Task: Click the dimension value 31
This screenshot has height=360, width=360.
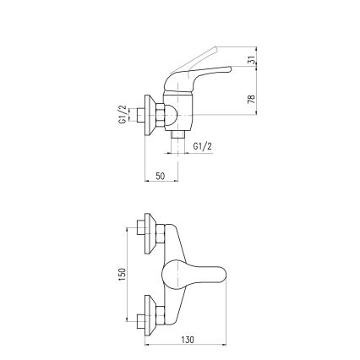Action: pyautogui.click(x=250, y=61)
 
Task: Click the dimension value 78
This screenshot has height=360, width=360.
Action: pyautogui.click(x=250, y=99)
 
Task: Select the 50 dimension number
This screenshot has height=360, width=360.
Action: pyautogui.click(x=160, y=176)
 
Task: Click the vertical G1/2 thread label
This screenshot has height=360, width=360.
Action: pyautogui.click(x=122, y=114)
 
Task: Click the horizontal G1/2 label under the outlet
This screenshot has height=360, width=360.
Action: pyautogui.click(x=203, y=145)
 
